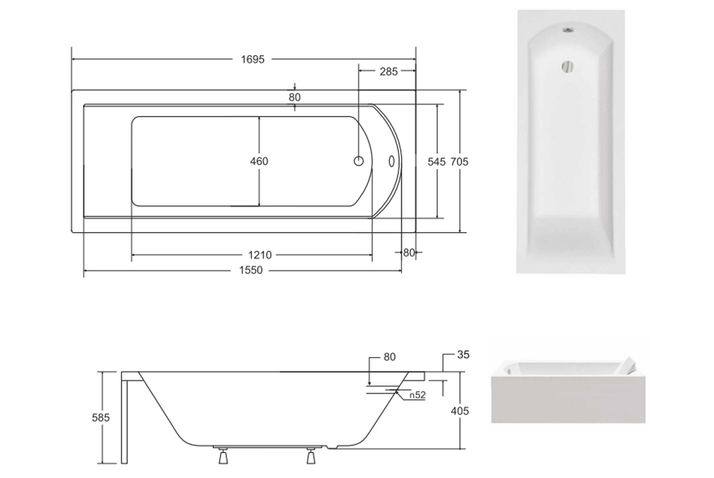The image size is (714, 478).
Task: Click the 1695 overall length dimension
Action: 252,59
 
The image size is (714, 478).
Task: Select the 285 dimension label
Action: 388,71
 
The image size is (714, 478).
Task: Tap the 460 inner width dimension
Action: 259,161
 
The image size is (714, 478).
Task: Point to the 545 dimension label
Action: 436,162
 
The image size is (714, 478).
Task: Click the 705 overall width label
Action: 459,162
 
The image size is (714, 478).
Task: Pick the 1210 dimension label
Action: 260,255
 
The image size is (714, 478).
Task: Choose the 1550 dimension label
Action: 251,270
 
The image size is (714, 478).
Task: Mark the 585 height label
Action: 101,417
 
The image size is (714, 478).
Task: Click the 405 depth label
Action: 460,411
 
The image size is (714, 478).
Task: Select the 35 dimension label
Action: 463,354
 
